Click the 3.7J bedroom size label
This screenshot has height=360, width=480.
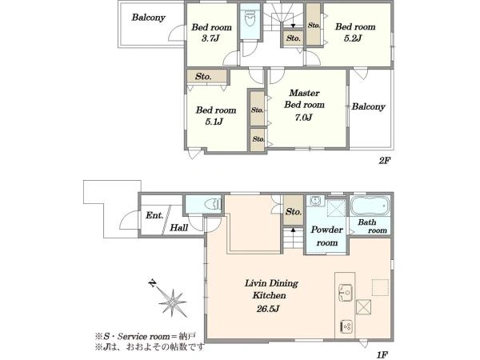pyautogui.click(x=211, y=39)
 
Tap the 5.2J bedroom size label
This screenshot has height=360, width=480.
pyautogui.click(x=353, y=38)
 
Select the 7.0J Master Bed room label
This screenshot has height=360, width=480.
pyautogui.click(x=304, y=118)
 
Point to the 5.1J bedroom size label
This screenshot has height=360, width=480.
pyautogui.click(x=214, y=122)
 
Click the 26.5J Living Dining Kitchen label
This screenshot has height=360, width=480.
pyautogui.click(x=268, y=309)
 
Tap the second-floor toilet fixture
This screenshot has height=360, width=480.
pyautogui.click(x=250, y=19)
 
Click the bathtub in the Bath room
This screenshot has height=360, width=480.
pyautogui.click(x=370, y=206)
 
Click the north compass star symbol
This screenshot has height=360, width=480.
pyautogui.click(x=173, y=303)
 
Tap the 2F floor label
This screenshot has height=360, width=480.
pyautogui.click(x=384, y=161)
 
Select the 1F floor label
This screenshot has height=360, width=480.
pyautogui.click(x=382, y=354)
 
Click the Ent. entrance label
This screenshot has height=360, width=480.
pyautogui.click(x=154, y=215)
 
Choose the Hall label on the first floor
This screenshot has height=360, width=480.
pyautogui.click(x=179, y=227)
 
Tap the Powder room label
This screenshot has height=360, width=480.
pyautogui.click(x=326, y=236)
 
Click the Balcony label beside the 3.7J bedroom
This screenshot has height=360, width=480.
pyautogui.click(x=149, y=18)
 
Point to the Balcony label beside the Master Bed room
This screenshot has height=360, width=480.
pyautogui.click(x=368, y=106)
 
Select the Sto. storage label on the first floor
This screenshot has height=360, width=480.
pyautogui.click(x=294, y=211)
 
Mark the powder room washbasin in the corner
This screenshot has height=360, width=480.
pyautogui.click(x=314, y=201)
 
